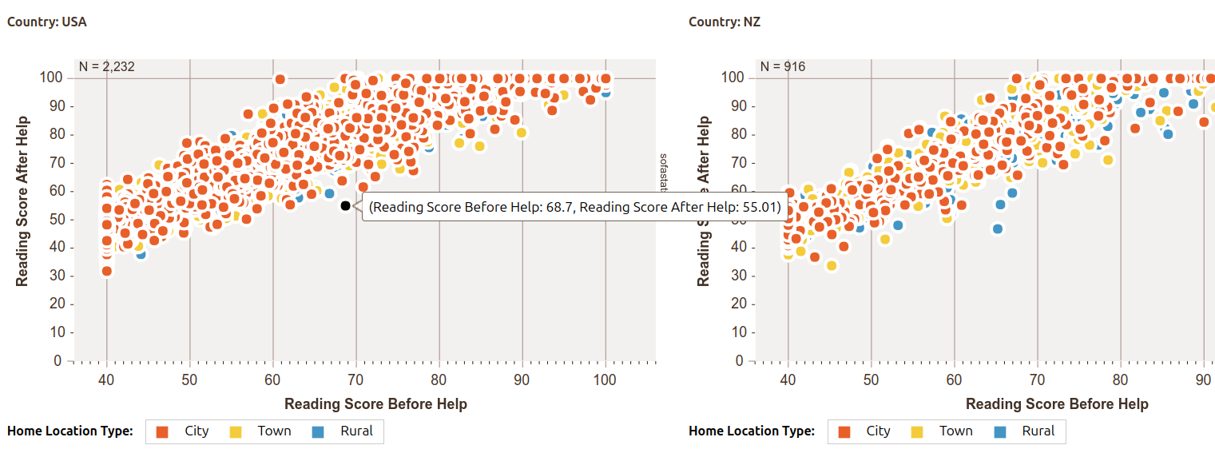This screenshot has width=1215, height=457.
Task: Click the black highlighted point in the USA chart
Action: coord(345,205)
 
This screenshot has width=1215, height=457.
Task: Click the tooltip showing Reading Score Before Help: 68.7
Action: coord(575,208)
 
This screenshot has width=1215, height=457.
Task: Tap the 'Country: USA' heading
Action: coord(47,22)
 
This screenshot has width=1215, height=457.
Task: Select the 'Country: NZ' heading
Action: coord(725,22)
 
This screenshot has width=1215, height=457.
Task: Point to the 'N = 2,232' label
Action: coord(106,67)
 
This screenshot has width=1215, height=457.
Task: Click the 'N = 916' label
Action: coord(783,67)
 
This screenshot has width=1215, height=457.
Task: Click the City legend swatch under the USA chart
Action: coord(162,432)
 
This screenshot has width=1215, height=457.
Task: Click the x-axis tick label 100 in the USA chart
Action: coord(605,380)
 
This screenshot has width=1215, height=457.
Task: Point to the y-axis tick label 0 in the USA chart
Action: coord(58,361)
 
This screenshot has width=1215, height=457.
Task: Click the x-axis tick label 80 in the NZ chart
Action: coord(1121,380)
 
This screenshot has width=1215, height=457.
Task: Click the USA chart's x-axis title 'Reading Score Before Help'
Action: coord(375,403)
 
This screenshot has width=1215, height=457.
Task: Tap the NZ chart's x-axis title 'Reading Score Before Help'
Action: coord(1057,403)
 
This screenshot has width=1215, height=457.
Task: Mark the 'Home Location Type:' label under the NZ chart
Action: coord(752,431)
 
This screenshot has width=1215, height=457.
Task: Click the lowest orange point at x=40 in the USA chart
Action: coord(106,271)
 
